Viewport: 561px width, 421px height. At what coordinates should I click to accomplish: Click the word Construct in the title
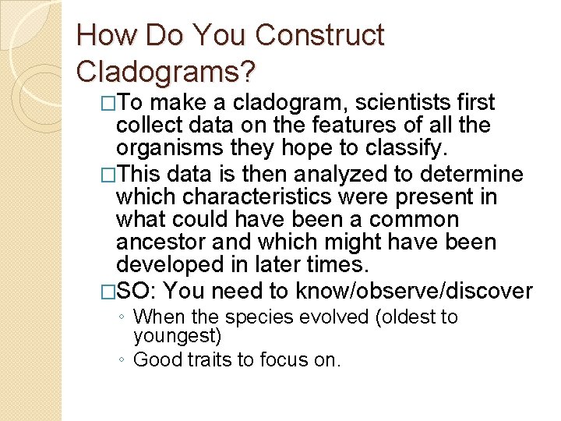point(319,35)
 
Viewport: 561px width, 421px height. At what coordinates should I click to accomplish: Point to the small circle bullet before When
point(124,318)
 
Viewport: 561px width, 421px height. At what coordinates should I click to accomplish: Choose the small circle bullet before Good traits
point(124,360)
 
